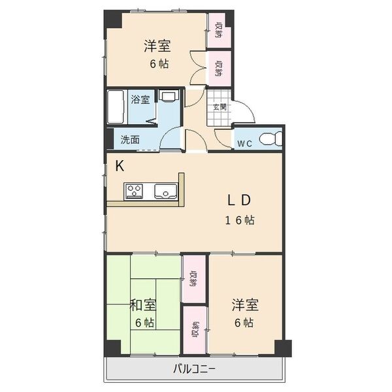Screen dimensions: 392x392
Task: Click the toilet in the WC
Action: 270,139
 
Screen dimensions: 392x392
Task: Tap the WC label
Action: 244,143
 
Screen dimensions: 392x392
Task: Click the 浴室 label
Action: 140,100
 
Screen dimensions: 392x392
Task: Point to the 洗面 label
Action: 130,139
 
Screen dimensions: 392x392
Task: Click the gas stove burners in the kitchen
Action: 135,191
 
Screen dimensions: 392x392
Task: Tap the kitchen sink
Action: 163,191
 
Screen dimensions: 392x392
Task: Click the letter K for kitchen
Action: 120,166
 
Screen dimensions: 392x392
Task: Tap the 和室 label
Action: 143,305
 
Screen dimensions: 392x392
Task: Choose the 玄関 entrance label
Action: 220,107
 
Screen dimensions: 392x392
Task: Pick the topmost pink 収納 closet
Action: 219,30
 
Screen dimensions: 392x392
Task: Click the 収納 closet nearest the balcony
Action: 195,331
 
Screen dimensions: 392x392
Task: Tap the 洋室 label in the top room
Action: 157,46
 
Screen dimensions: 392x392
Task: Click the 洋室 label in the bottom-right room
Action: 245,305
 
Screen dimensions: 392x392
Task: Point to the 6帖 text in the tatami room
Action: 144,323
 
